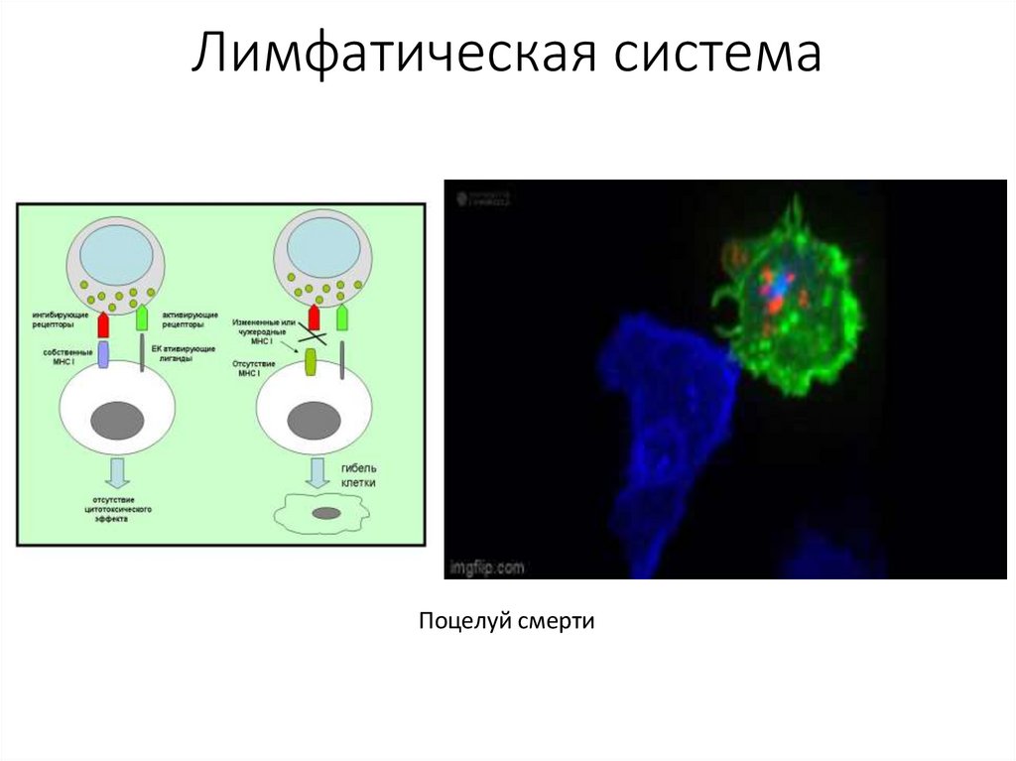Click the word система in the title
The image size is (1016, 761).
coord(715,57)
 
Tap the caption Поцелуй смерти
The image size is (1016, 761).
coord(506,622)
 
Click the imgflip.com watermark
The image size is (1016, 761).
coord(485,569)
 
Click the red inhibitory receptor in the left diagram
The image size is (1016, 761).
coord(102,324)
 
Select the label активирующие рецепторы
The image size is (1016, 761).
coord(183,319)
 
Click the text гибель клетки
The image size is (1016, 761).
coord(359,476)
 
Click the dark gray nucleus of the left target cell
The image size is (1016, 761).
coord(117,421)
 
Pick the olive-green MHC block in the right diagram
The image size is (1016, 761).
coord(310,361)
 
